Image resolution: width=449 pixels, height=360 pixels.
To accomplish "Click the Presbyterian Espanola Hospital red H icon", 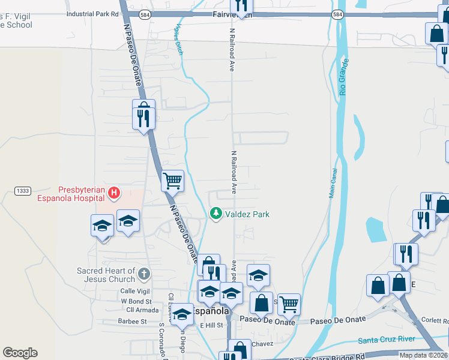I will pyautogui.click(x=114, y=193).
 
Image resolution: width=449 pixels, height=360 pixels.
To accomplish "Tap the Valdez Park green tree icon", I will pyautogui.click(x=215, y=214).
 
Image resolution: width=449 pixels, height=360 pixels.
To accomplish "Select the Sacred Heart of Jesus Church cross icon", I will pyautogui.click(x=143, y=274).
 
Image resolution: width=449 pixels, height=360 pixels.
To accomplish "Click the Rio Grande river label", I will pyautogui.click(x=343, y=77).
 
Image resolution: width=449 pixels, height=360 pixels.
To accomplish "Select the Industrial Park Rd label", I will pyautogui.click(x=93, y=13).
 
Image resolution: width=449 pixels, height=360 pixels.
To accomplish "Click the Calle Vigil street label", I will pyautogui.click(x=134, y=291).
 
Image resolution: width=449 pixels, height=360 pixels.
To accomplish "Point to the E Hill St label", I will pyautogui.click(x=211, y=325).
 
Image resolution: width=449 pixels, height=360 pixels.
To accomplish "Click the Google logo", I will pyautogui.click(x=20, y=353).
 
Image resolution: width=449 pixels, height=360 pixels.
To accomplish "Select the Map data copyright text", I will pyautogui.click(x=423, y=355).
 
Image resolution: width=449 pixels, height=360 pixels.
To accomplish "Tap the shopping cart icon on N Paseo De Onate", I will pyautogui.click(x=173, y=180).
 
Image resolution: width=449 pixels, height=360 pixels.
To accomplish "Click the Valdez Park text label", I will pyautogui.click(x=247, y=214).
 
